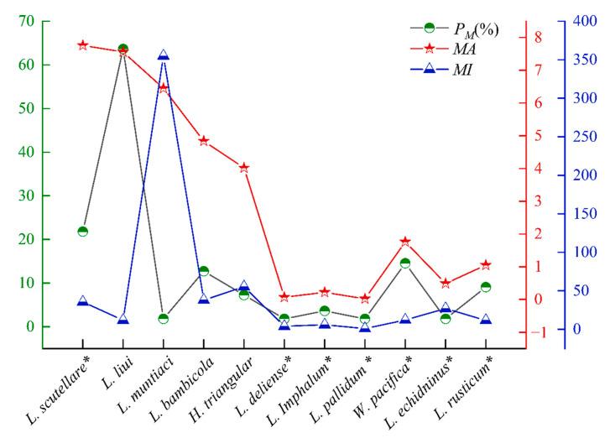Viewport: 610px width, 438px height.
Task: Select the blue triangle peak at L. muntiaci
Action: [164, 55]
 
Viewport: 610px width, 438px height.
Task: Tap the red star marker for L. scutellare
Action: [83, 44]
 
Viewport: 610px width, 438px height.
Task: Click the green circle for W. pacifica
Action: [405, 263]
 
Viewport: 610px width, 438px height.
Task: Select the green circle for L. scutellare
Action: [83, 232]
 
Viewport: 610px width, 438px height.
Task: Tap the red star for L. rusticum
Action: [486, 265]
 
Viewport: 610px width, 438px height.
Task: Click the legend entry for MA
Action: [453, 50]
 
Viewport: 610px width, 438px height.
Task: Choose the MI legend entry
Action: [453, 70]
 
